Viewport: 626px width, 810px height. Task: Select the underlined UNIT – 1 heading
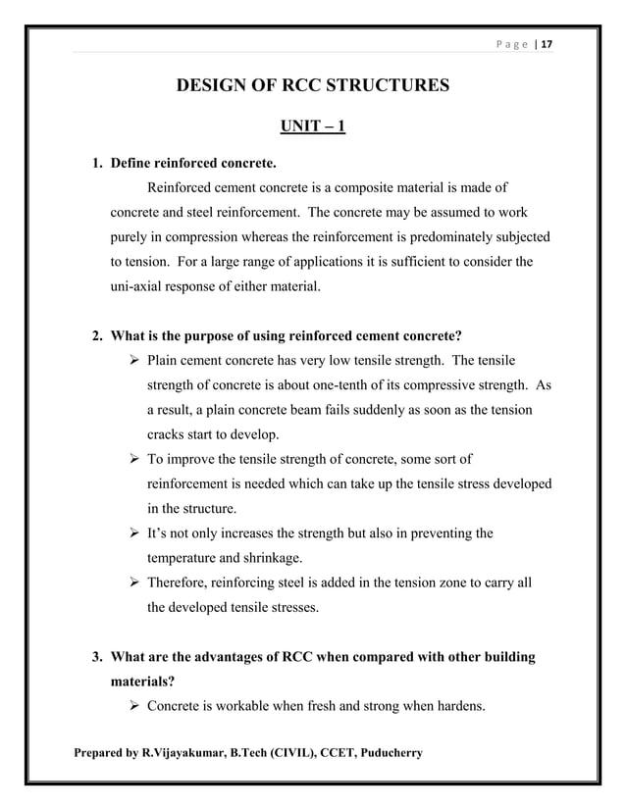click(312, 127)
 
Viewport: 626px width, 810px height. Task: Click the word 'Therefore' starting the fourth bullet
click(178, 582)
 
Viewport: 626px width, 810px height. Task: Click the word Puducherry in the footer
click(381, 753)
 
